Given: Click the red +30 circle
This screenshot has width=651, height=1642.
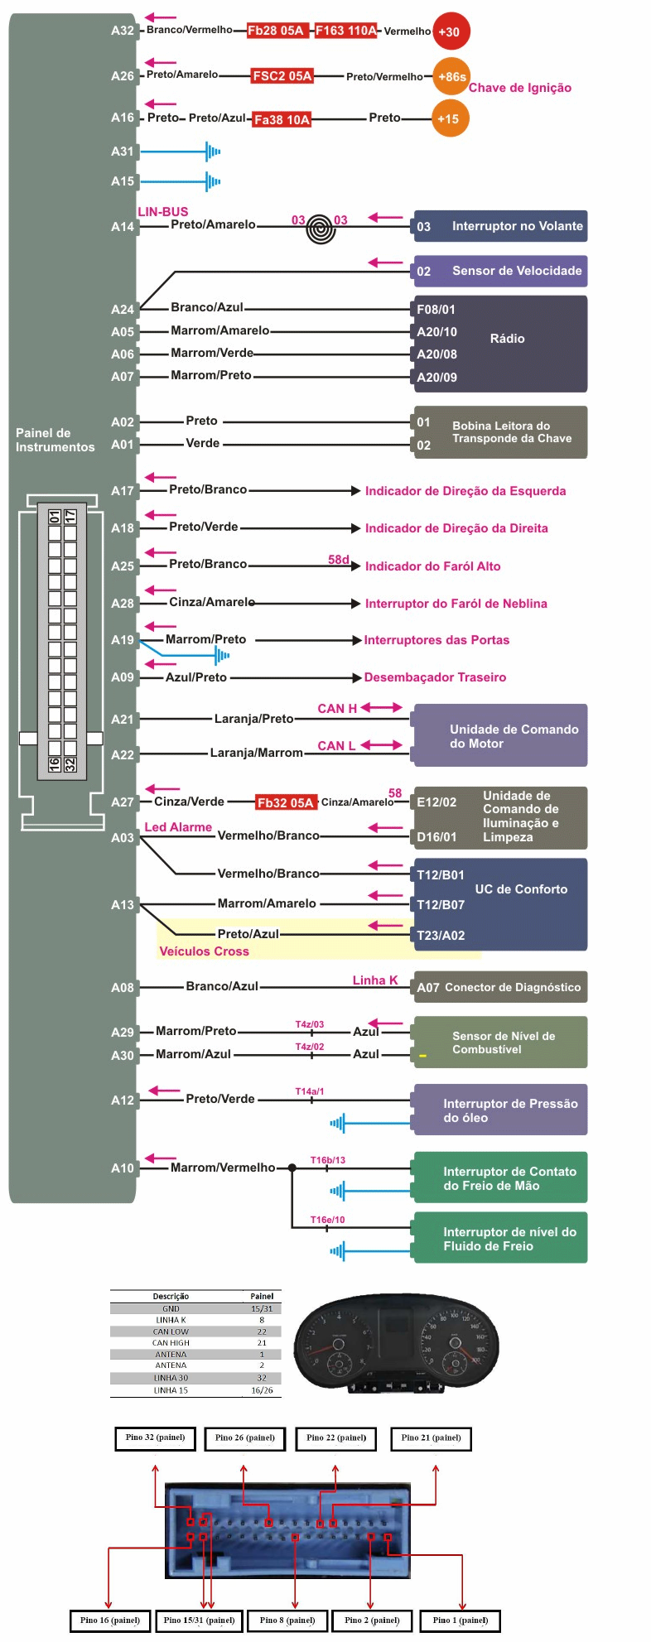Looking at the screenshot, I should click(451, 31).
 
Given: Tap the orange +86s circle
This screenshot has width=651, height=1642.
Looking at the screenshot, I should click(451, 76).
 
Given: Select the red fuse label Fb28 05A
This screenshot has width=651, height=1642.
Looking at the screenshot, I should click(276, 31).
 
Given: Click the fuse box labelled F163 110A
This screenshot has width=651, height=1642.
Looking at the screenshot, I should click(345, 31).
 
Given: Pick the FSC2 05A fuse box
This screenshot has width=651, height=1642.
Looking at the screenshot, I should click(282, 75).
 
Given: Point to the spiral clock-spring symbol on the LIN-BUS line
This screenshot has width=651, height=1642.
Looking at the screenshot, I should click(321, 229).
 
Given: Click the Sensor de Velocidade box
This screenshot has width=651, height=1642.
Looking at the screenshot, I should click(500, 271).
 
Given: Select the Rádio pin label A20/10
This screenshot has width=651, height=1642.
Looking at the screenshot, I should click(436, 332).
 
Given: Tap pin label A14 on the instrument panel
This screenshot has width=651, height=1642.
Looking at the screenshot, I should click(123, 226).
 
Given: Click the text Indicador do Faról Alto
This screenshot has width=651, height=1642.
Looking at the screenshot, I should click(432, 566).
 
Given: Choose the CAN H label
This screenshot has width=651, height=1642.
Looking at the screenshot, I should click(337, 709).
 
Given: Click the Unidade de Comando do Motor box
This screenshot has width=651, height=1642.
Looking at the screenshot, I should click(500, 735).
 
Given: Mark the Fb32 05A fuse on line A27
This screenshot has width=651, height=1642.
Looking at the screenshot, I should click(286, 802).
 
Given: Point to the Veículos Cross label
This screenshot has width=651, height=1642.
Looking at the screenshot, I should click(204, 951).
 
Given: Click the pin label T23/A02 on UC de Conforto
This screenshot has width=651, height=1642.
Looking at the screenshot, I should click(441, 936).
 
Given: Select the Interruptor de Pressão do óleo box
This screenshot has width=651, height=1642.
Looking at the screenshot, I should click(500, 1110).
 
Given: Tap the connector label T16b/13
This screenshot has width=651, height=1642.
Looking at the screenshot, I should click(328, 1160).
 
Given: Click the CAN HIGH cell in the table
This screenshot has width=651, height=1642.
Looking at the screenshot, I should click(171, 1343).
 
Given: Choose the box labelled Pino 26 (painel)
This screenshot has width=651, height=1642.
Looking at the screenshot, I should click(245, 1438).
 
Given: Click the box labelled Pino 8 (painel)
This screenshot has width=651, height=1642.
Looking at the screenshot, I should click(287, 1620).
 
